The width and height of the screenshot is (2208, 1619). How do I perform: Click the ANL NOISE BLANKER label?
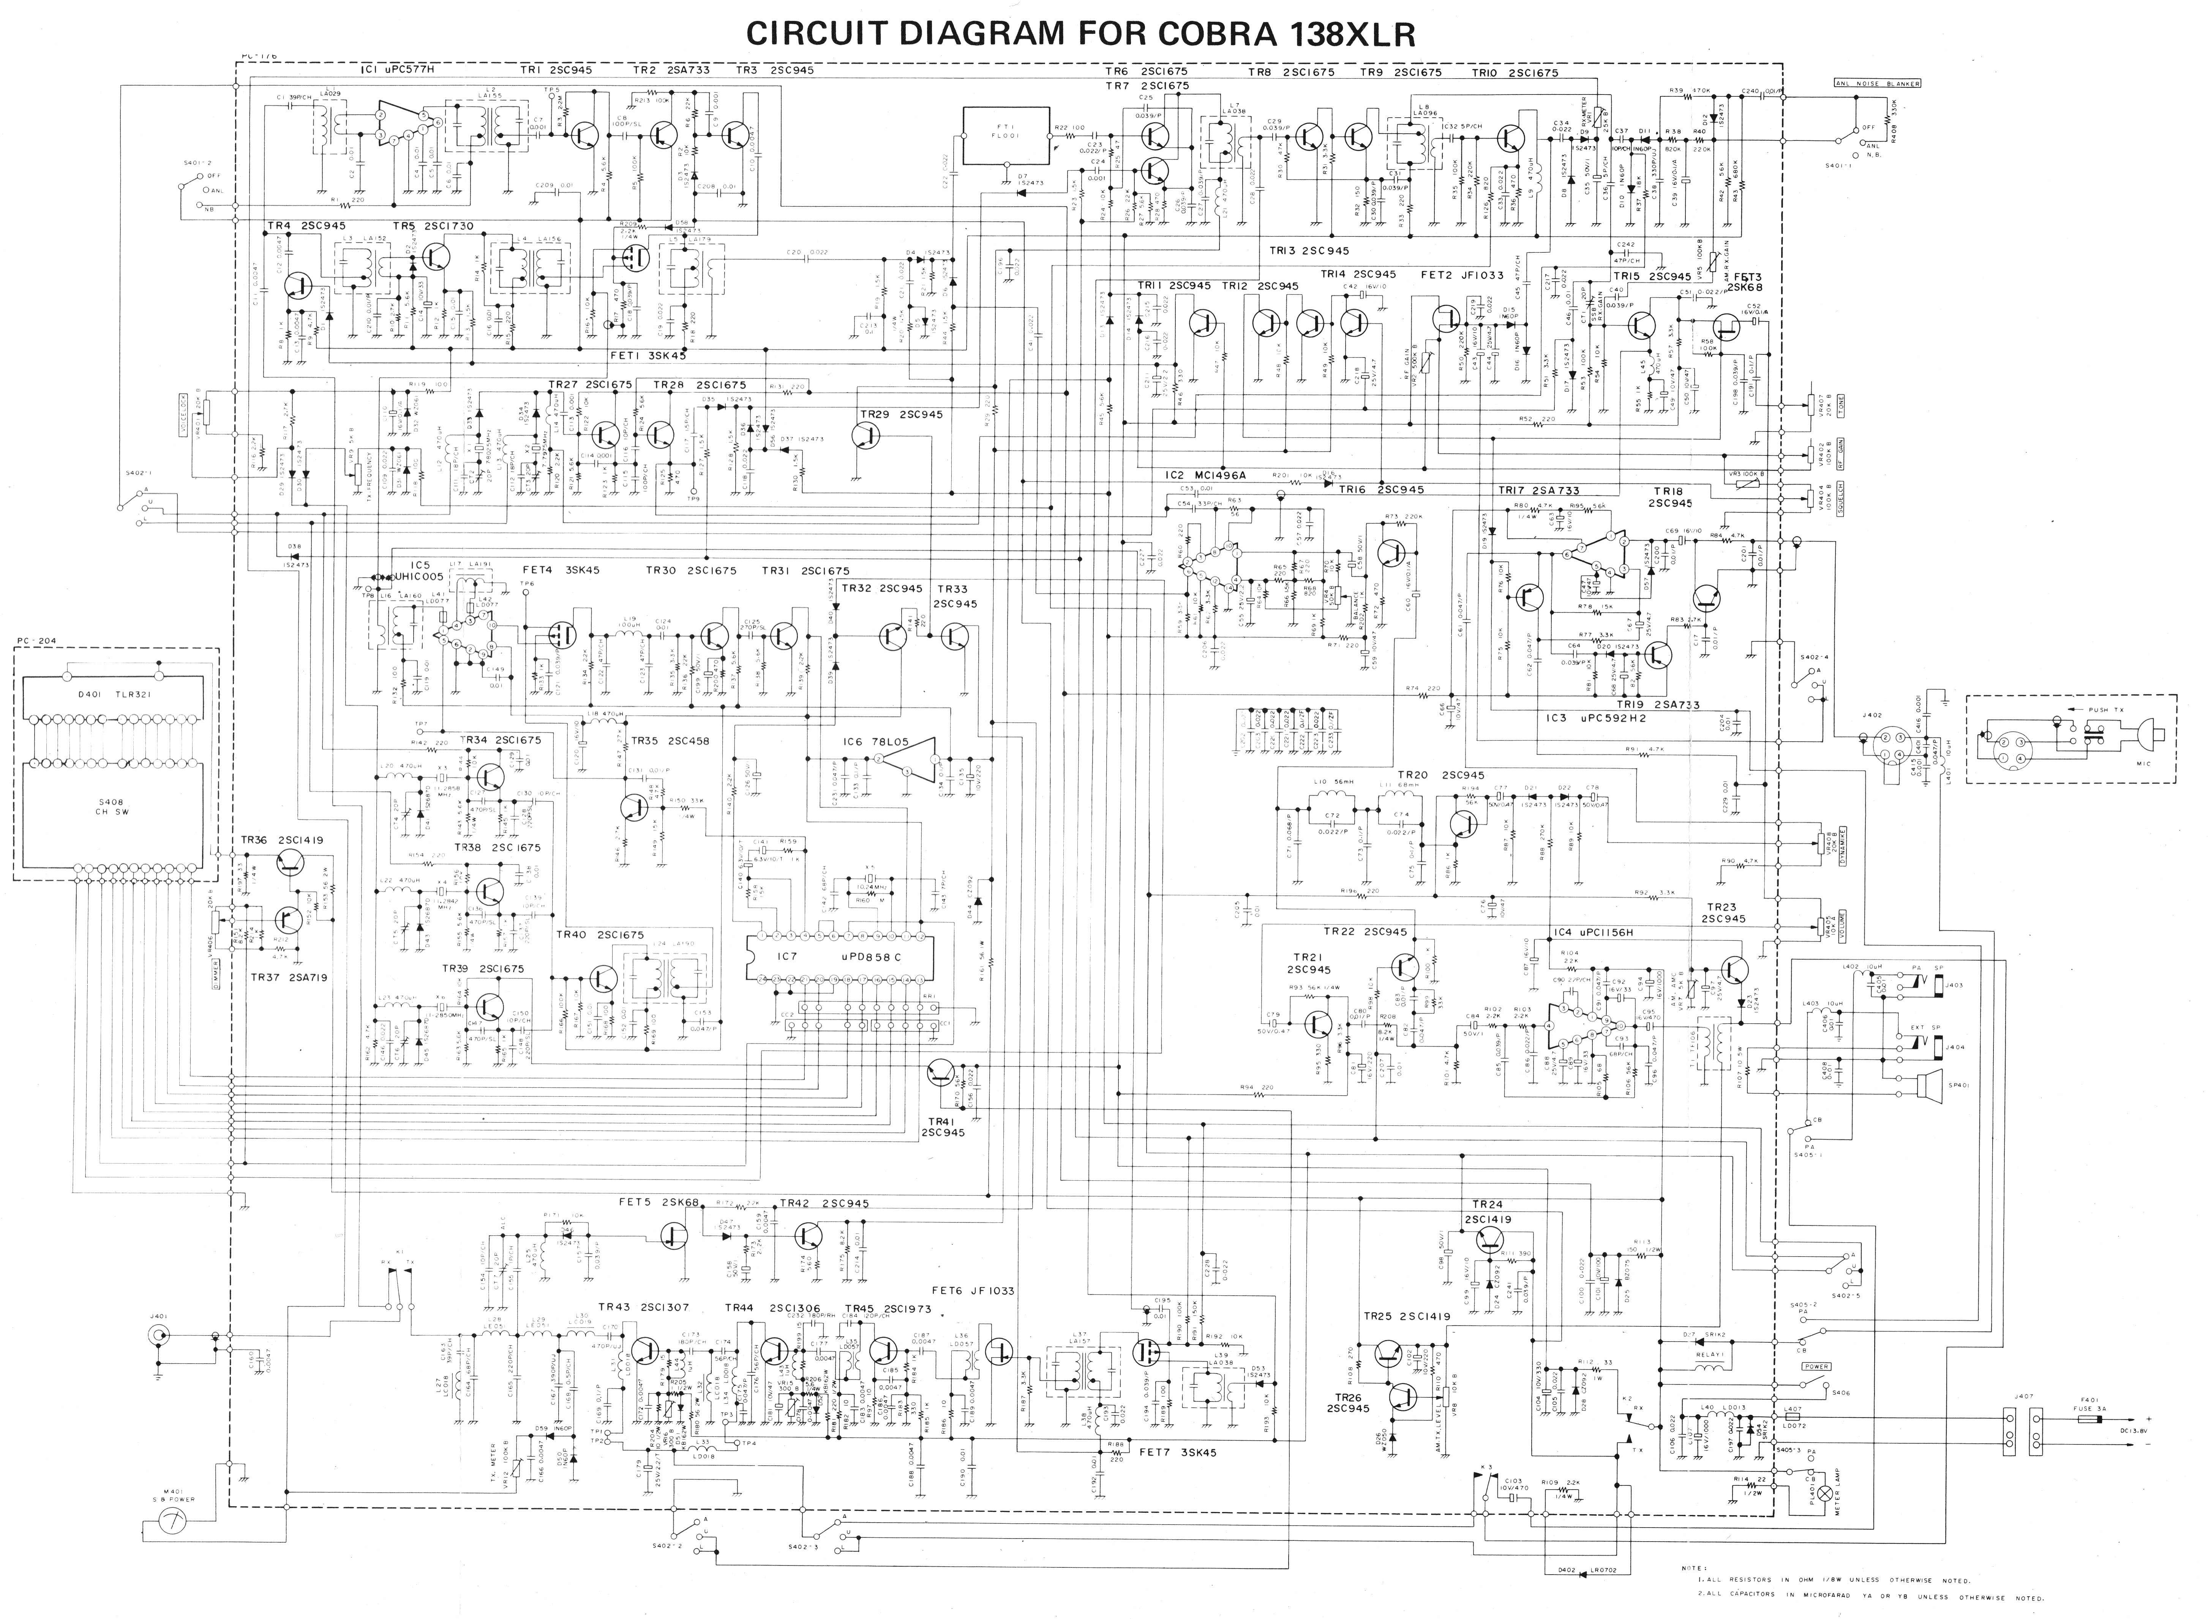tap(1876, 83)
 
